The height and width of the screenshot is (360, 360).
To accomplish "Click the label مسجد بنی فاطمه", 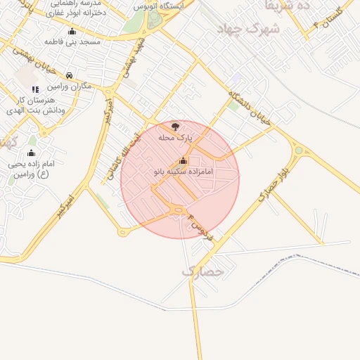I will pyautogui.click(x=73, y=42).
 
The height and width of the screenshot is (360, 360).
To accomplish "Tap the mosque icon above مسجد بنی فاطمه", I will pyautogui.click(x=72, y=32).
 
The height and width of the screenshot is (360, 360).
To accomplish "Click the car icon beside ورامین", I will pyautogui.click(x=69, y=75).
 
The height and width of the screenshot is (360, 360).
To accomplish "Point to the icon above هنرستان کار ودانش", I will pyautogui.click(x=36, y=89).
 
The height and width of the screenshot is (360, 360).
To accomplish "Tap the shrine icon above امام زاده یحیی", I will pyautogui.click(x=31, y=153).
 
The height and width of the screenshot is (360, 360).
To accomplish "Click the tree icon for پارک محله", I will pyautogui.click(x=175, y=126).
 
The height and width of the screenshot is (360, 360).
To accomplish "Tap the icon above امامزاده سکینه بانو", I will pyautogui.click(x=184, y=160).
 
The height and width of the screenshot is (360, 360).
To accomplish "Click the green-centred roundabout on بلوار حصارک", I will pyautogui.click(x=299, y=150).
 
